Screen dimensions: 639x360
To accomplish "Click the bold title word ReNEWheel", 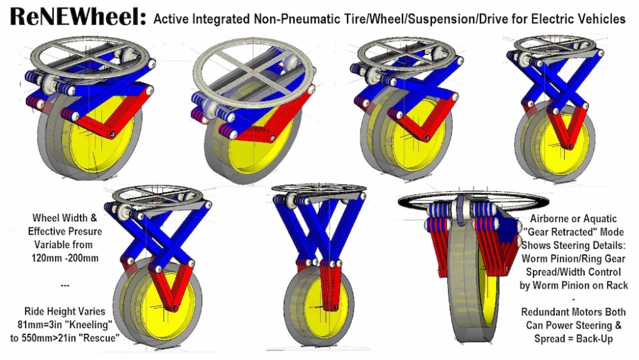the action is tap(78, 17).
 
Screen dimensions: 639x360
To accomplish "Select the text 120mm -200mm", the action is tap(65, 258).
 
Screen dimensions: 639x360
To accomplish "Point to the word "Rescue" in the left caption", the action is tap(100, 338).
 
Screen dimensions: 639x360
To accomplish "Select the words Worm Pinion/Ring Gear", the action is tap(573, 258).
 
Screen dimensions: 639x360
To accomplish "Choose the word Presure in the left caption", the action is tap(82, 231).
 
